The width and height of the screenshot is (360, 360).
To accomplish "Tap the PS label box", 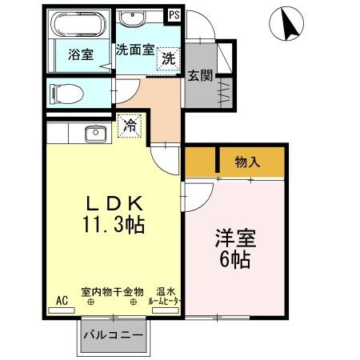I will click(174, 14).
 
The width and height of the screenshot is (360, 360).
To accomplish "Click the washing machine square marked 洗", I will click(168, 58).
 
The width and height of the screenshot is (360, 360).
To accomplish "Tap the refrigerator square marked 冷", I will click(130, 123).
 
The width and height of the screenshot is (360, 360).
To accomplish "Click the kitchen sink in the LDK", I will click(94, 134).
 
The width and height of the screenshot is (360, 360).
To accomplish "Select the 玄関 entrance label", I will click(200, 76).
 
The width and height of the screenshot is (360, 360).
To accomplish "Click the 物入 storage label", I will click(247, 162).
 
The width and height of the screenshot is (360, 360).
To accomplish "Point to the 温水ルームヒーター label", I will click(165, 297).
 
